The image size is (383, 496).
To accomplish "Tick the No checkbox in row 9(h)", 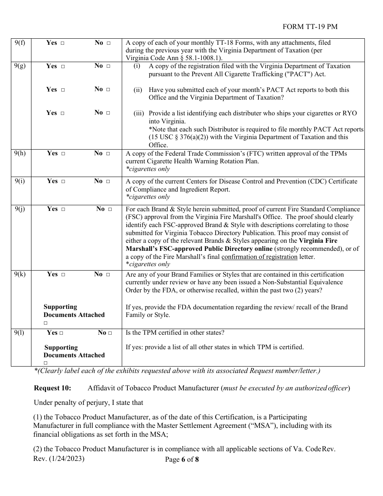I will point(108,154).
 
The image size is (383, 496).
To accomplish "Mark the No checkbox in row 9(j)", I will point(110,209).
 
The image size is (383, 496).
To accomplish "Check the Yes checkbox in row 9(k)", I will point(63,275).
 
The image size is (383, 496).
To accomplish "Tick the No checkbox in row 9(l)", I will point(110,333).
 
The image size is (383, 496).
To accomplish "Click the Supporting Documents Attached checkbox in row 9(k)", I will point(46,323).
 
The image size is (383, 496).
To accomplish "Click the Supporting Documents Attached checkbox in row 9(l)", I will point(46,363).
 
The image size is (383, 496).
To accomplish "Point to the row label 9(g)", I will point(20,66).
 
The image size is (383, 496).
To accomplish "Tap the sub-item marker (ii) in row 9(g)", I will point(137,90).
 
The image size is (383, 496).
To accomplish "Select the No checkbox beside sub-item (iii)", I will point(108,113).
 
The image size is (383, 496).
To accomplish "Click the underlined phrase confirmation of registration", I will point(259,257).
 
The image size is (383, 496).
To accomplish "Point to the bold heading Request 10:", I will point(52,388).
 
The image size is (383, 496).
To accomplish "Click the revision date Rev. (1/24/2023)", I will point(59,459).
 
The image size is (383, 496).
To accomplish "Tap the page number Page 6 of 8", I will point(182,460).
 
